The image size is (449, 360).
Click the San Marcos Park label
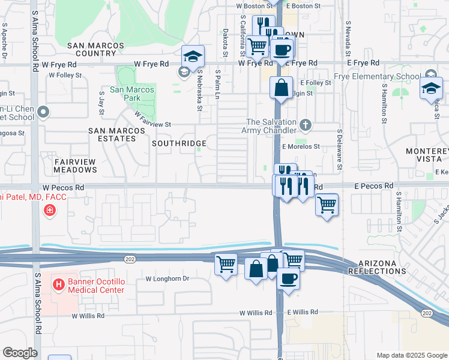coord(131,94)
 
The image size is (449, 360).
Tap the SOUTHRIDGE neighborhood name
coord(179,144)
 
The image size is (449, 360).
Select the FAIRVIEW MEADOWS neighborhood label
coord(75,166)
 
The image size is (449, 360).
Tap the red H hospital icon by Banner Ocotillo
coord(59,283)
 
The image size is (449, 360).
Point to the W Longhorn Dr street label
coord(167,279)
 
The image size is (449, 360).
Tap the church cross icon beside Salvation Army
coord(306,125)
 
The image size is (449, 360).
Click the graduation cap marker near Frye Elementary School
coord(430,88)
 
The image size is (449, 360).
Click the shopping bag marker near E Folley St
coord(281,88)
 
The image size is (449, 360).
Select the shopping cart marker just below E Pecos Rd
coord(327,205)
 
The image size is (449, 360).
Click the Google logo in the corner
coord(20,353)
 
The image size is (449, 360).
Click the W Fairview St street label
coord(153,119)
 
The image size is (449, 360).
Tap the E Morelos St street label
coord(301,146)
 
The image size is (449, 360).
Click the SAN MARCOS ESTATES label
coord(112,134)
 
